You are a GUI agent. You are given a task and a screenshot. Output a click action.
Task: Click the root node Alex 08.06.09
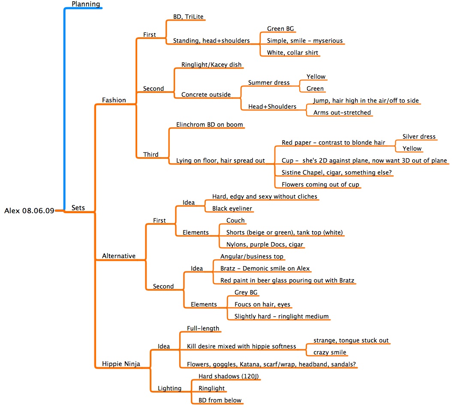point(29,210)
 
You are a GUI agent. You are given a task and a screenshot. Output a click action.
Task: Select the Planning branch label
point(86,4)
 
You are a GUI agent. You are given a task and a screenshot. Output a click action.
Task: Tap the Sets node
point(78,208)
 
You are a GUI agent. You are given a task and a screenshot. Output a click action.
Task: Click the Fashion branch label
point(114,100)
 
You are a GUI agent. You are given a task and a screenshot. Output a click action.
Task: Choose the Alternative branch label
point(118,256)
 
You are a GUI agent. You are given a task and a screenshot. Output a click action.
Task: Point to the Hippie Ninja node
point(121,364)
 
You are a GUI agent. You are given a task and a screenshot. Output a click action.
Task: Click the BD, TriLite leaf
point(188,17)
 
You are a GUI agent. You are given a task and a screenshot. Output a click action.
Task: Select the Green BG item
point(280,29)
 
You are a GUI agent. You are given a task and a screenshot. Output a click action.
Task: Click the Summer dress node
point(269,82)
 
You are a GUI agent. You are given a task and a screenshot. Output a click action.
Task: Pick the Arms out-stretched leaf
point(342,113)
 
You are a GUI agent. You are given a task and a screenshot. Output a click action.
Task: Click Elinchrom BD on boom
point(209,125)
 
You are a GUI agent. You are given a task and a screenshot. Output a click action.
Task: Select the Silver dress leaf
point(419,137)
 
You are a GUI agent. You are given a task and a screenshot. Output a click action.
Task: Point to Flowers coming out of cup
point(320,185)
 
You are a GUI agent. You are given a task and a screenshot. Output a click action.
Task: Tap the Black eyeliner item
point(232,208)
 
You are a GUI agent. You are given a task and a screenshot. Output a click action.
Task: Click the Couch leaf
point(235,220)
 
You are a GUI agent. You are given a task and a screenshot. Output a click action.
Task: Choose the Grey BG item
point(246,292)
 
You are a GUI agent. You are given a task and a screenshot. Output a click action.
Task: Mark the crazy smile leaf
point(330,352)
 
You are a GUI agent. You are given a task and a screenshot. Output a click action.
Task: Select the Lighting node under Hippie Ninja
point(169,388)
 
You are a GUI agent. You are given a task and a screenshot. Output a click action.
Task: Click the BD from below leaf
point(220,400)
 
